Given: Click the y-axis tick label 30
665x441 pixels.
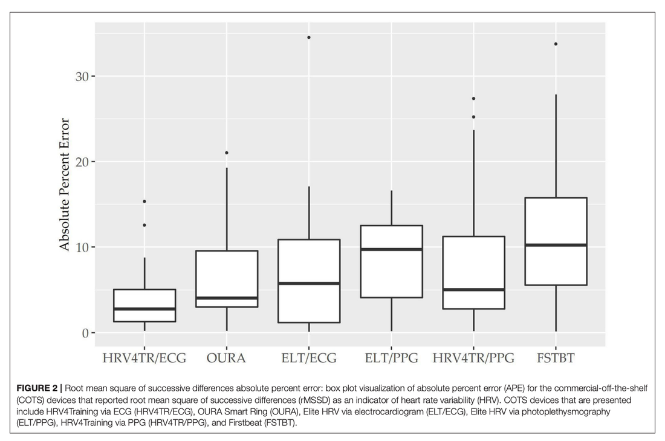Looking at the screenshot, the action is (x=82, y=76).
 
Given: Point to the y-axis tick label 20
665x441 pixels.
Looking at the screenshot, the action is (x=82, y=162).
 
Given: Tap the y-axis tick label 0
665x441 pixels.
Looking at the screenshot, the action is (x=86, y=333).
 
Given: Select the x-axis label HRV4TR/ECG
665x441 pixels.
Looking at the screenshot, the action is (x=144, y=358).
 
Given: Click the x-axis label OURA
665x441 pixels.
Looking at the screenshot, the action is (x=226, y=358).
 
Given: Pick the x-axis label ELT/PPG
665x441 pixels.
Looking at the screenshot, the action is (x=391, y=358).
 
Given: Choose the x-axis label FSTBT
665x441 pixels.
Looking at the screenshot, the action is (x=556, y=358).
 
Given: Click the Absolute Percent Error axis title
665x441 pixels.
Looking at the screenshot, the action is (x=65, y=185).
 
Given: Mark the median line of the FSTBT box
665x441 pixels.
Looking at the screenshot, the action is (x=556, y=245).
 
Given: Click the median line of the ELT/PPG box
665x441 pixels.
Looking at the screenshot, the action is (x=391, y=249).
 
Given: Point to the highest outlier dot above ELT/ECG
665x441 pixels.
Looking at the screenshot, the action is (x=309, y=38).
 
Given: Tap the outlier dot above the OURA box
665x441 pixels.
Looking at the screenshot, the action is (x=227, y=153).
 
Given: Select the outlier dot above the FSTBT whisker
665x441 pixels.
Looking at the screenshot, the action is (x=556, y=44).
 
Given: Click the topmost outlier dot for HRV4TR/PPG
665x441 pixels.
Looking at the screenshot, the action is (x=473, y=99).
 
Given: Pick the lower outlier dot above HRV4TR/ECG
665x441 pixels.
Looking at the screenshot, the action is (x=144, y=225).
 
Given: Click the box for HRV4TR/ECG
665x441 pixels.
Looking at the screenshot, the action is (x=144, y=305).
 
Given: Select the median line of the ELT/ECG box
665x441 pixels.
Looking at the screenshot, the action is (x=309, y=283).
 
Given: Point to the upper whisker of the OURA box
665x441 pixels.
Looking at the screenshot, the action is (x=227, y=209).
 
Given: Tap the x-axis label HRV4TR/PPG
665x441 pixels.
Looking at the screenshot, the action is (x=473, y=358).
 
